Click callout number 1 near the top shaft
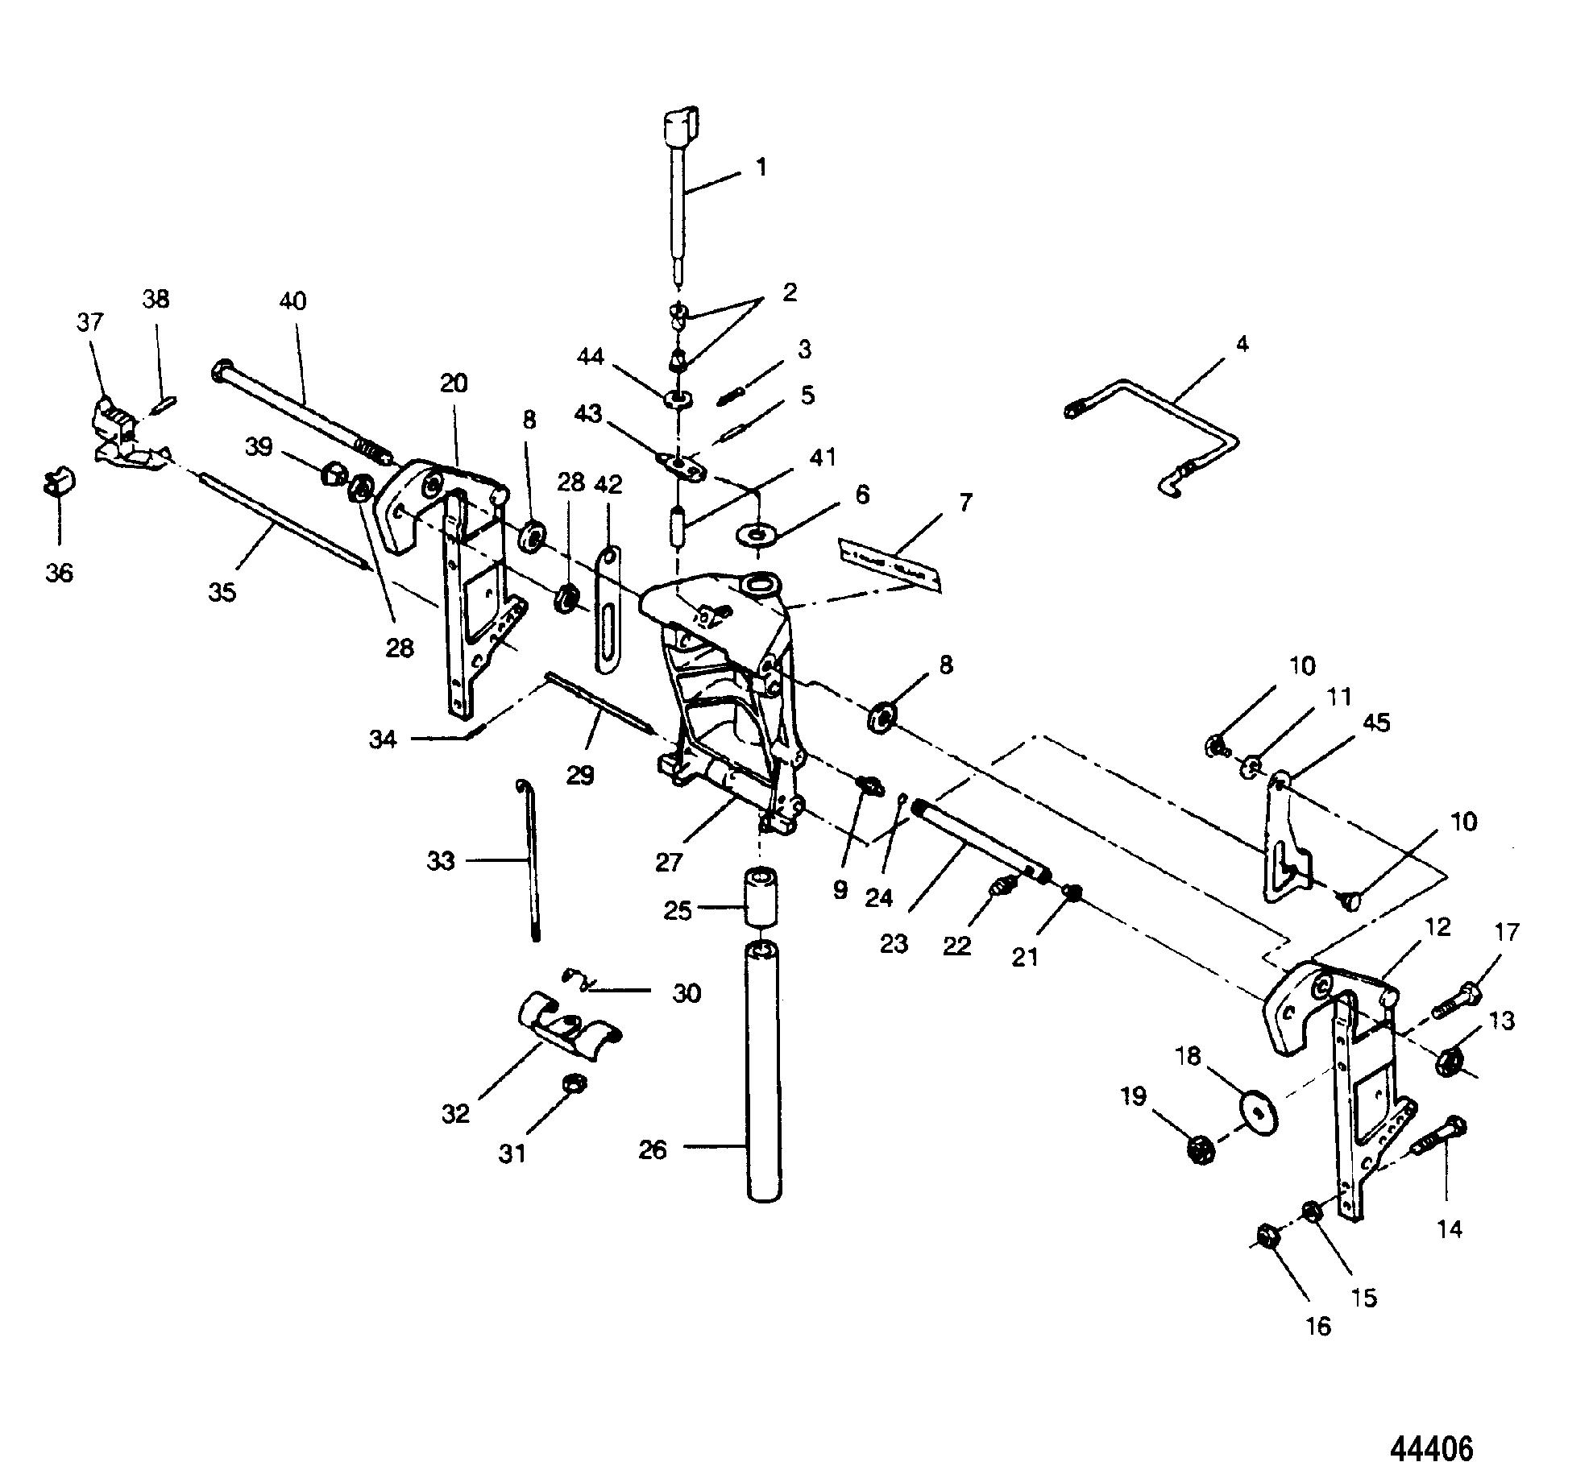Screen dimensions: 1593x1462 click(x=761, y=168)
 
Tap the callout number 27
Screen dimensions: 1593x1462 click(x=669, y=863)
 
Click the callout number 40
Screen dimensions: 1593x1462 click(x=292, y=301)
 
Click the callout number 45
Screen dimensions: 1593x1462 click(x=1375, y=723)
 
